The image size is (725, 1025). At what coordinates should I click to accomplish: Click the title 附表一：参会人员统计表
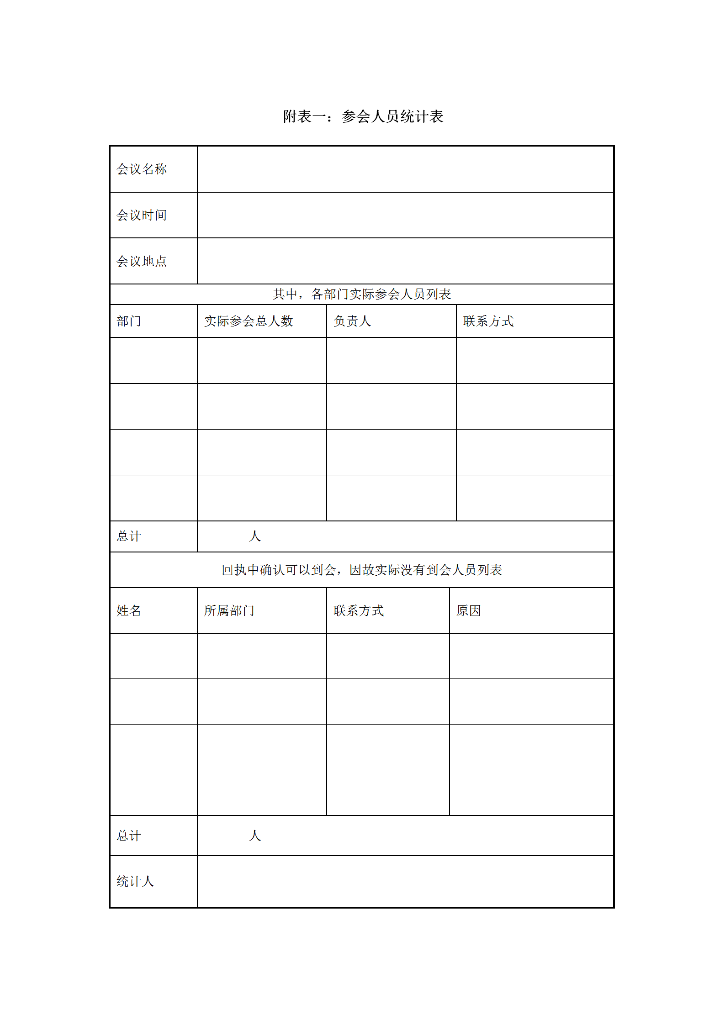tap(363, 116)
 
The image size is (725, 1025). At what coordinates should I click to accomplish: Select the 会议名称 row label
tap(142, 169)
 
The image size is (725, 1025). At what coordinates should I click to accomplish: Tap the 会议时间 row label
tap(142, 215)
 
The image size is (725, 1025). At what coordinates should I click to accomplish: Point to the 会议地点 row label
tap(142, 261)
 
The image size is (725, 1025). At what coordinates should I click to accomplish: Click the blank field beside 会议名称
tap(405, 169)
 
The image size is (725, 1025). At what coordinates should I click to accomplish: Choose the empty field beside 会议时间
tap(405, 215)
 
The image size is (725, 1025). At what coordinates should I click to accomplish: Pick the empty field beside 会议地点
tap(405, 261)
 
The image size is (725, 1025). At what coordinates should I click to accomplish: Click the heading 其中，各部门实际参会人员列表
tap(362, 294)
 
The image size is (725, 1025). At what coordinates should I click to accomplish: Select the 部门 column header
tap(129, 321)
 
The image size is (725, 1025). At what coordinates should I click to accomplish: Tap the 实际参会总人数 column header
tap(249, 321)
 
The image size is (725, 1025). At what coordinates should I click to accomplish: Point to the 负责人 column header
tap(352, 321)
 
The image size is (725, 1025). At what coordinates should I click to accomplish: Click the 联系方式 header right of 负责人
tap(488, 321)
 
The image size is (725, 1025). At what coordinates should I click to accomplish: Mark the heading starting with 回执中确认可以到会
tap(362, 570)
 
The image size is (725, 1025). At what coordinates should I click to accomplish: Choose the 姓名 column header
tap(129, 611)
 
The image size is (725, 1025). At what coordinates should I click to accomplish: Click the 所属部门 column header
tap(229, 611)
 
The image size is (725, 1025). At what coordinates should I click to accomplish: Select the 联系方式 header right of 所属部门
tap(359, 611)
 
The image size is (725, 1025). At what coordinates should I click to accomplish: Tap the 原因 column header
tap(469, 611)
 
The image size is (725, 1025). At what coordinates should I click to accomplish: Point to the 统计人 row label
tap(135, 882)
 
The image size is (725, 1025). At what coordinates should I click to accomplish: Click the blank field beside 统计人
tap(405, 882)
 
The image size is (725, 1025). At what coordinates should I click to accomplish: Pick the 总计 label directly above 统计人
tap(129, 836)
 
